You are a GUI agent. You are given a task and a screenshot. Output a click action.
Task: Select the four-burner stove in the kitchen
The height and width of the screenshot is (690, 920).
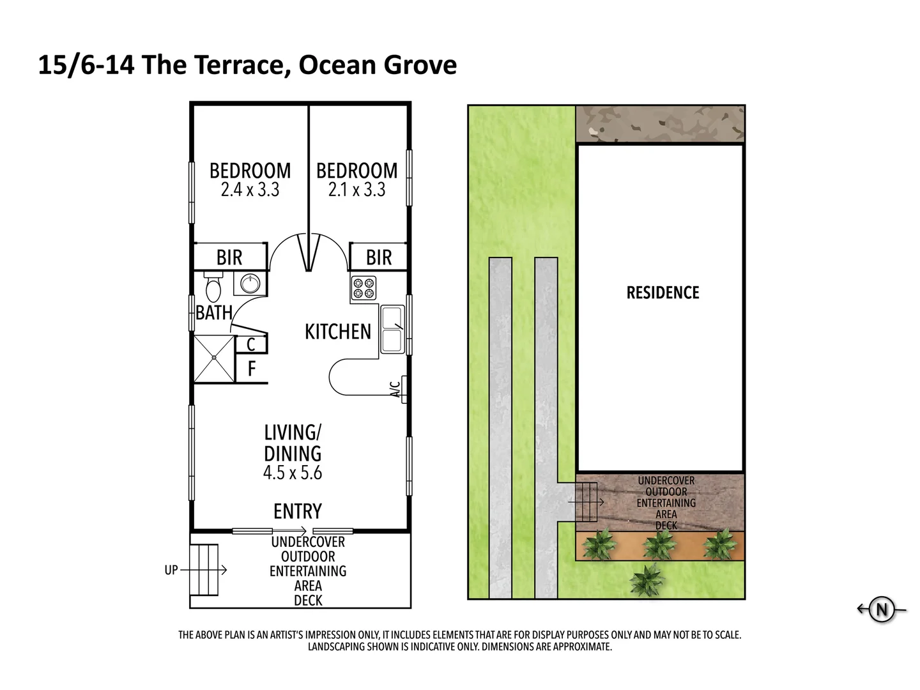(364, 288)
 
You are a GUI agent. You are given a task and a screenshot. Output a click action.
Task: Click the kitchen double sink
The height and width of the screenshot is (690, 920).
(392, 329)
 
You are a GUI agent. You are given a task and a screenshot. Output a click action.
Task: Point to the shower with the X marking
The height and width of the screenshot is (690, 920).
(214, 358)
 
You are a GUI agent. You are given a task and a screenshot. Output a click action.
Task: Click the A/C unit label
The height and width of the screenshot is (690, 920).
(396, 389)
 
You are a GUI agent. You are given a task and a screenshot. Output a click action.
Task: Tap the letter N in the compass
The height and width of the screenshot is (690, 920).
(882, 609)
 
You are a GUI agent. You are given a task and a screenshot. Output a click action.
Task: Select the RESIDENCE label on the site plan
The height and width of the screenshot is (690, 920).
(663, 293)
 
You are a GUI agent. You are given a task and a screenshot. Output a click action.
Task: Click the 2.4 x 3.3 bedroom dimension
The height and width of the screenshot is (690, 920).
(250, 190)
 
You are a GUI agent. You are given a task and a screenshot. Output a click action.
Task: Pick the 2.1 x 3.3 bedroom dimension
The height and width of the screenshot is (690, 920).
(356, 190)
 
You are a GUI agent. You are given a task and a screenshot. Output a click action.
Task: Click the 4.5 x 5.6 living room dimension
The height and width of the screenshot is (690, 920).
(293, 473)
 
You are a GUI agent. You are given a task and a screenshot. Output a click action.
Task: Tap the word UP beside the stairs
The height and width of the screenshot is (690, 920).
(171, 570)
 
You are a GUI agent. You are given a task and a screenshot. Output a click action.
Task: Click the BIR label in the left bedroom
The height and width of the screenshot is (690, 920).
(229, 257)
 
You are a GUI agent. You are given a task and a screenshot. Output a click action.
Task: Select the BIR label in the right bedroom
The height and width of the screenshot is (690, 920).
(378, 257)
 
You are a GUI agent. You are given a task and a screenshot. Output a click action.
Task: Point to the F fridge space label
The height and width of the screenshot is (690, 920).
(251, 369)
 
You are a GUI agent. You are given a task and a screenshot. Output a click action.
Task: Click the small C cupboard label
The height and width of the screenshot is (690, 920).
(251, 345)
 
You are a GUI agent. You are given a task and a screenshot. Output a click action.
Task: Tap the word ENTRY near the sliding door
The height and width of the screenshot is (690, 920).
(297, 512)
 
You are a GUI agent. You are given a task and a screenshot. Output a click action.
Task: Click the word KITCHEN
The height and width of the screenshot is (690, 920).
(337, 332)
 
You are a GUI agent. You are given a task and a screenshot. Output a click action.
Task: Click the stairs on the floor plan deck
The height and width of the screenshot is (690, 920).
(204, 569)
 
